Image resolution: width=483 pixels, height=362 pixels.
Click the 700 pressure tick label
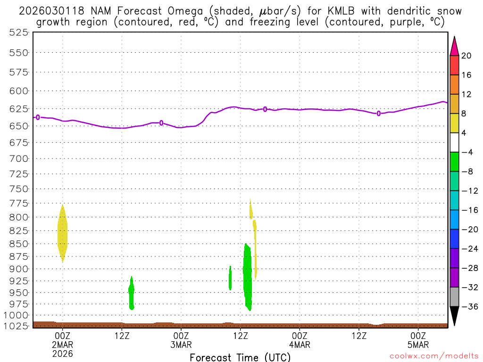(19, 158)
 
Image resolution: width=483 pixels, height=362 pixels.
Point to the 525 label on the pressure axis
(19, 33)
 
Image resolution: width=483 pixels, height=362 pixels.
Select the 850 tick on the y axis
(19, 244)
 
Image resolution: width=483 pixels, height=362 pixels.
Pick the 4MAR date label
(300, 344)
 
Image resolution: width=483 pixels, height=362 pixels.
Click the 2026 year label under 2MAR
(63, 353)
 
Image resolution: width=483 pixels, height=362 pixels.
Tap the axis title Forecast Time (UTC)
(240, 357)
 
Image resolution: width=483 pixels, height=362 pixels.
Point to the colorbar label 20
(466, 56)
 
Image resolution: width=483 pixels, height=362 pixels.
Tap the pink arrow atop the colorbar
(454, 46)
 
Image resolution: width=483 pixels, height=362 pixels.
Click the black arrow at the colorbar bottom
(454, 316)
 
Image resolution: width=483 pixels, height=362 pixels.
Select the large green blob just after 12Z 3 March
(247, 276)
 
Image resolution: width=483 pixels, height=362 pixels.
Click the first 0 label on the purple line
(38, 117)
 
